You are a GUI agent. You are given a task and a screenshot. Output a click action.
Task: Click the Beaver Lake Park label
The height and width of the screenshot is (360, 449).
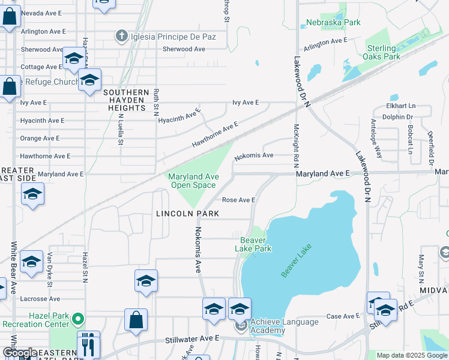pos(253,244)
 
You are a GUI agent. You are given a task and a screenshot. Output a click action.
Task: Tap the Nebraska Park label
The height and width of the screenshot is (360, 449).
pos(333,23)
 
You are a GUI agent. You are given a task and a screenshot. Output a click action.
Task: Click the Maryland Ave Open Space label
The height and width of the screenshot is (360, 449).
pos(191,181)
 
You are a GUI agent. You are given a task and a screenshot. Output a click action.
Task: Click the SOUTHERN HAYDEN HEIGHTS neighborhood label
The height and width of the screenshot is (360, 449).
pos(125,100)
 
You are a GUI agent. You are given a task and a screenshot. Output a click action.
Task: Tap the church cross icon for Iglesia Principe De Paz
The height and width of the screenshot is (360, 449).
pos(122,37)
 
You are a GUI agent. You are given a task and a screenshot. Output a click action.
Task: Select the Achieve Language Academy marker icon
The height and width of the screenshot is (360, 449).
pos(241,326)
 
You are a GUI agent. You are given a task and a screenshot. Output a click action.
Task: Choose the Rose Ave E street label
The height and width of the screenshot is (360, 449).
pos(239,200)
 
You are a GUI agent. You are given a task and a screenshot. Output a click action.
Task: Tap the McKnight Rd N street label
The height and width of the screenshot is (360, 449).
pos(297,146)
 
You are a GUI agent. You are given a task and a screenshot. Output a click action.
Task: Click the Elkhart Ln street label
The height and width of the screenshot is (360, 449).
pos(401,106)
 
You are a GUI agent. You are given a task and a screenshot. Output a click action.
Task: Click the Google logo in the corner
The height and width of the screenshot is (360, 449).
pos(20,353)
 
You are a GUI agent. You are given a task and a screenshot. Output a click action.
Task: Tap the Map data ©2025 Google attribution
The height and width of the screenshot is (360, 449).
pos(412,355)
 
